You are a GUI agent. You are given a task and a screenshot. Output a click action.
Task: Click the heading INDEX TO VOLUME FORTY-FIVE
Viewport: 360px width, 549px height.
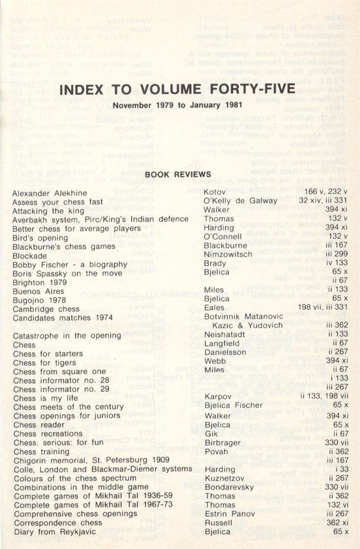[179, 90]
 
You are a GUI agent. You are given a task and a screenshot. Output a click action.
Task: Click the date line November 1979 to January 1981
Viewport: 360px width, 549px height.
[179, 105]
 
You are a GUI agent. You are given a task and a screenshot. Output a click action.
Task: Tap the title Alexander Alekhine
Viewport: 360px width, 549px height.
[50, 193]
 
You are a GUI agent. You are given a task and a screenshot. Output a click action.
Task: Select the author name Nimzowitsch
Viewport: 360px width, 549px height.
[228, 255]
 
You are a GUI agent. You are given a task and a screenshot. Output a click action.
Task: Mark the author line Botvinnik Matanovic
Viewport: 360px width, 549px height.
[244, 317]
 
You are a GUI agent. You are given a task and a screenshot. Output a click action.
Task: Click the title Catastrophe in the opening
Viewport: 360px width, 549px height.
[67, 335]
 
